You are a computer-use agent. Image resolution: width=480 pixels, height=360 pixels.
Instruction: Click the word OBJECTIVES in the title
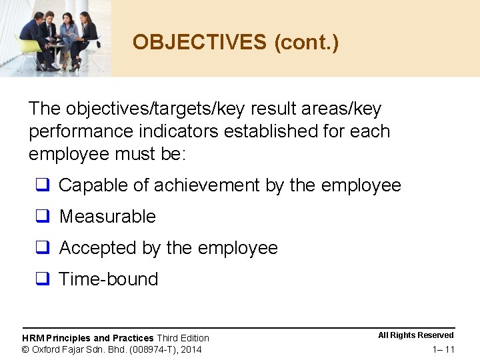[199, 42]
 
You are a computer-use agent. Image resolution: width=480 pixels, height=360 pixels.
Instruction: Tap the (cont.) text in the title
[306, 42]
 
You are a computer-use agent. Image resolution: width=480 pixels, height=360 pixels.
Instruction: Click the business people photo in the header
[56, 37]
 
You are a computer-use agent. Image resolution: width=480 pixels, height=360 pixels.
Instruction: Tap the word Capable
[93, 185]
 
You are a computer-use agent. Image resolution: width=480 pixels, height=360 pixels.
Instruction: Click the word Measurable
[107, 217]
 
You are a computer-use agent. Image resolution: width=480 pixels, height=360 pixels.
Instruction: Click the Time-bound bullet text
[109, 279]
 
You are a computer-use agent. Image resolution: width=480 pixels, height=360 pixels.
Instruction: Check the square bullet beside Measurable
[43, 217]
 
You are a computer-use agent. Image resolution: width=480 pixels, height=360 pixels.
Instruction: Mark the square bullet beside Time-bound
[43, 279]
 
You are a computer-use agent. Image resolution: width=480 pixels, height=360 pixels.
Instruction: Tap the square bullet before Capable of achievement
[43, 185]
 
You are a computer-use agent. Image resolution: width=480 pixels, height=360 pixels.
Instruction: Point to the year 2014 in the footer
[191, 349]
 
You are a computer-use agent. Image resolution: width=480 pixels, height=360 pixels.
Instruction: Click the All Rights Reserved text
[416, 335]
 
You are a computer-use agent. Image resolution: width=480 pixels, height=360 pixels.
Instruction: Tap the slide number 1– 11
[443, 349]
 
